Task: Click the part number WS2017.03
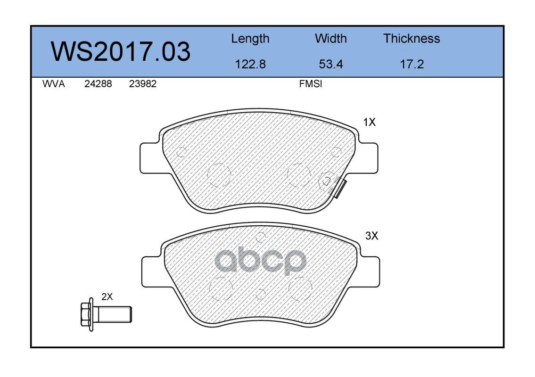(x=121, y=51)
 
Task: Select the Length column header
(x=250, y=39)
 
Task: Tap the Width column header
(x=330, y=38)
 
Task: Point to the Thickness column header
(x=412, y=38)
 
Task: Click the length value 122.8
(x=250, y=64)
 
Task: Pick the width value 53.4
(x=330, y=64)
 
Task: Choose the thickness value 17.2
(x=412, y=64)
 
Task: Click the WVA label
(x=54, y=84)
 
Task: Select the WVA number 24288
(x=98, y=84)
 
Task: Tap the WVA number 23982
(x=143, y=84)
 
